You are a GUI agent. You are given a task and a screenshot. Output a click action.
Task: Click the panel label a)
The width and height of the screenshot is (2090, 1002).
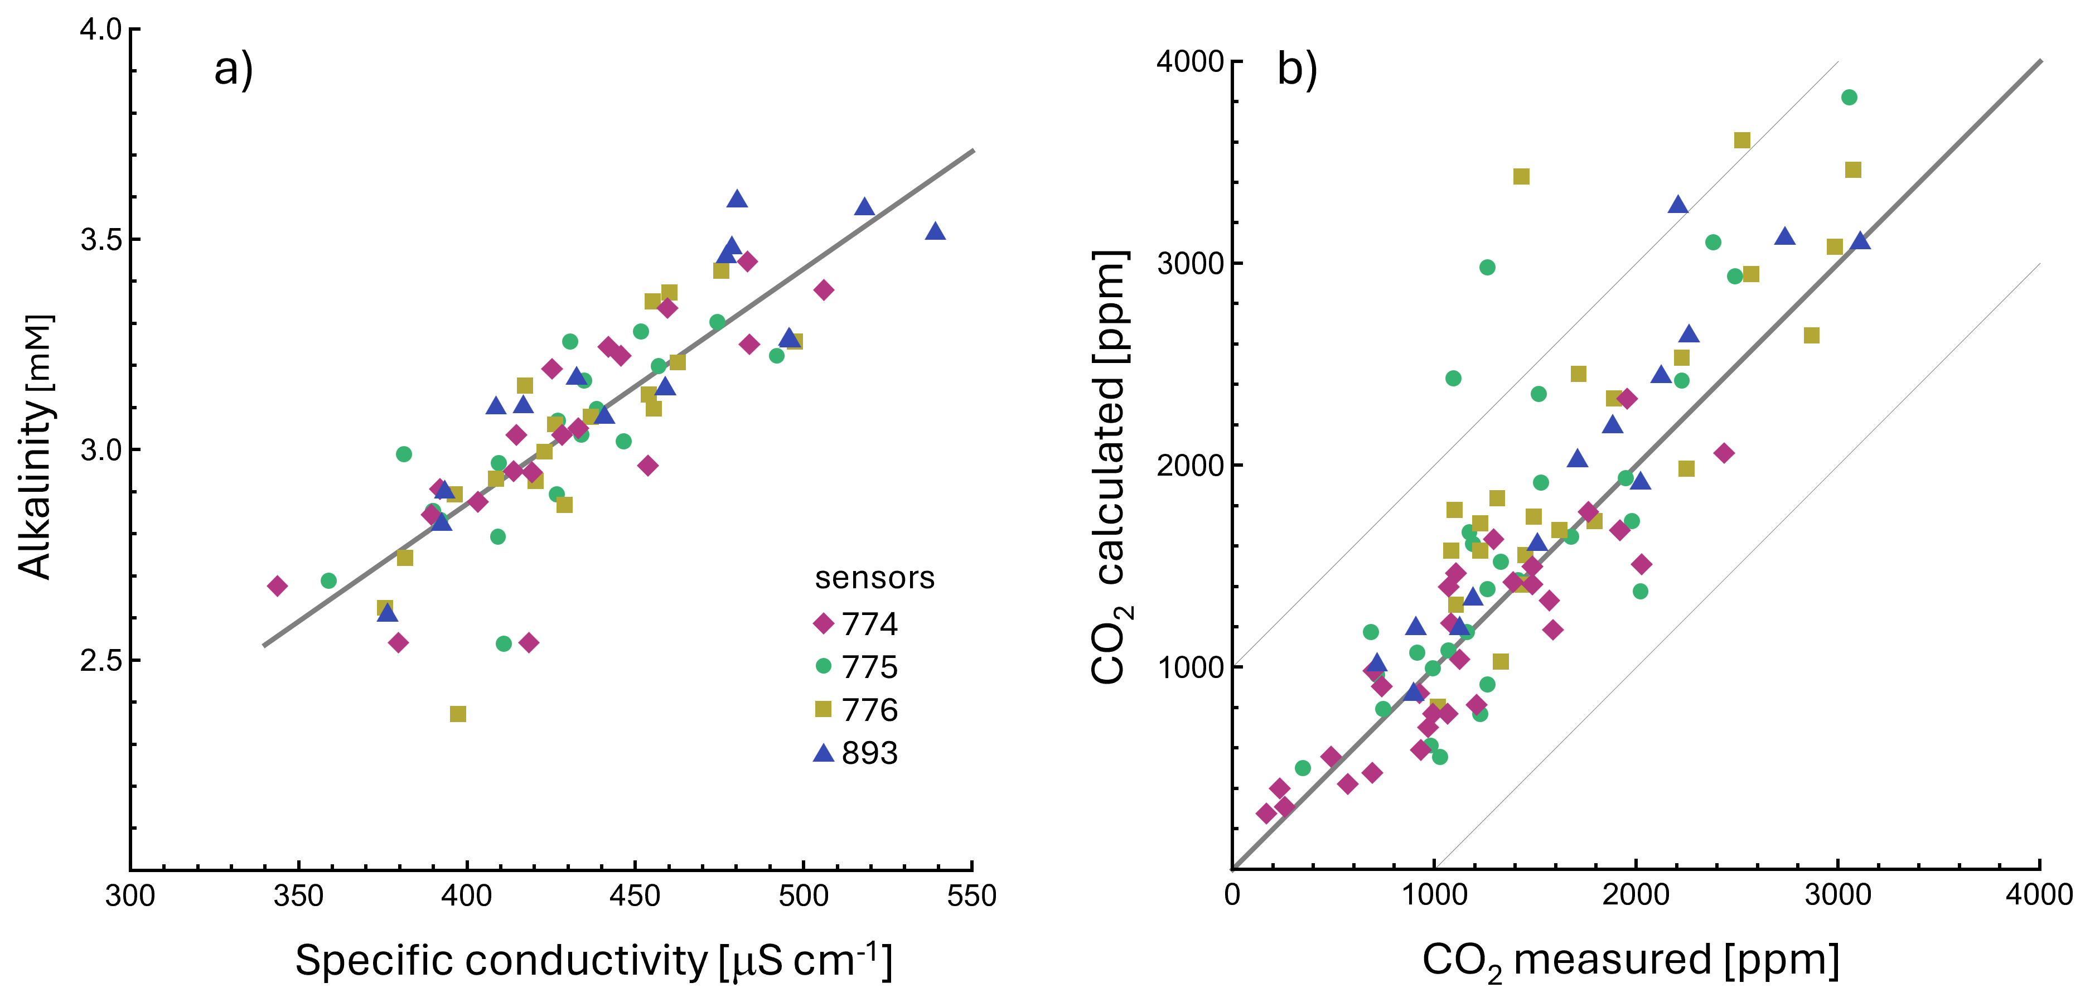click(234, 69)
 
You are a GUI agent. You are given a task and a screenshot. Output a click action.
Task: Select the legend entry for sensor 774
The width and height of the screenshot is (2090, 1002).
click(856, 623)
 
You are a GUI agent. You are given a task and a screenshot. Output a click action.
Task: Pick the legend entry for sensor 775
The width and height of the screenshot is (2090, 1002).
click(856, 666)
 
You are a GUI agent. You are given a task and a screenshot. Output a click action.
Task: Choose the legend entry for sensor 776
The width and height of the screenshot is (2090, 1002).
click(856, 709)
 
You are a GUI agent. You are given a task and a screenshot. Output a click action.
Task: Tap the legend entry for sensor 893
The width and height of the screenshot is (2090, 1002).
click(856, 752)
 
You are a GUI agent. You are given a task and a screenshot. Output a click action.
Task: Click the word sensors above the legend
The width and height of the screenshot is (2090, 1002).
click(874, 578)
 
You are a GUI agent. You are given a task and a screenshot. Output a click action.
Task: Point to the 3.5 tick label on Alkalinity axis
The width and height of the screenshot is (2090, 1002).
click(100, 239)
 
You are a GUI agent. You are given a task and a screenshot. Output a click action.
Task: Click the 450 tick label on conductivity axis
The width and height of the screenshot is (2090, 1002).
click(635, 895)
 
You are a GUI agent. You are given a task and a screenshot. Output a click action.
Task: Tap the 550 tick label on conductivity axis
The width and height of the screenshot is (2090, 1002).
click(972, 895)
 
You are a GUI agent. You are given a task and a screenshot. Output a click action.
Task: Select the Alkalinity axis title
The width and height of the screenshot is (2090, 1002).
click(35, 446)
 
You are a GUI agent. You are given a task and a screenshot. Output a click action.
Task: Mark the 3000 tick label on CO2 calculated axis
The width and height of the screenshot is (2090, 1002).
click(1190, 263)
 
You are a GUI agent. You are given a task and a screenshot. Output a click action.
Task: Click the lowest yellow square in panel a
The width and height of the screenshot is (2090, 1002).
click(458, 714)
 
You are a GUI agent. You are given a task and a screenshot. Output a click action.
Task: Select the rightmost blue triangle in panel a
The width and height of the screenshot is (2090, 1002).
click(936, 231)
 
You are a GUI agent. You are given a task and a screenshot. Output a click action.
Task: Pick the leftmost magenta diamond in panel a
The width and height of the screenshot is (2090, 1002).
click(278, 586)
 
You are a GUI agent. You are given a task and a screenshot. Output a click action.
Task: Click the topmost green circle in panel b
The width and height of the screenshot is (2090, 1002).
click(1849, 98)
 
